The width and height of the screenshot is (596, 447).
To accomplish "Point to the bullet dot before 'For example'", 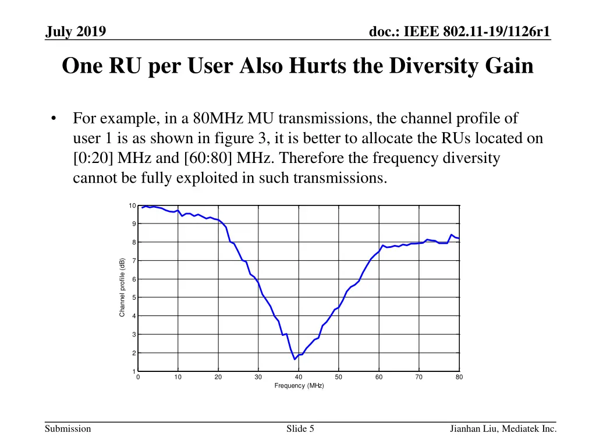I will (54, 119).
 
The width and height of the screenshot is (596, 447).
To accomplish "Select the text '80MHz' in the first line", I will (215, 119).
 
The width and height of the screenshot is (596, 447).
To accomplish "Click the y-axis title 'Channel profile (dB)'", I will (122, 288).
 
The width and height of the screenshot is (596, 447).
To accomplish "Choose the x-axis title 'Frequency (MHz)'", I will (299, 386).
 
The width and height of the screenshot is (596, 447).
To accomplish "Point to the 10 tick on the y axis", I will (133, 205).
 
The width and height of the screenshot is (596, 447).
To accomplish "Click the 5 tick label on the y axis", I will (134, 298).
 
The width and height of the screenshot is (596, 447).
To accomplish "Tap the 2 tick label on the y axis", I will (134, 353).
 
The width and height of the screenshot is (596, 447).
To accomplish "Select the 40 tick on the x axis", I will (299, 377).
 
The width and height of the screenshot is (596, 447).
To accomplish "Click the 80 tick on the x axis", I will (459, 377).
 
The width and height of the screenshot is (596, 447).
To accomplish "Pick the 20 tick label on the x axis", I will (218, 377).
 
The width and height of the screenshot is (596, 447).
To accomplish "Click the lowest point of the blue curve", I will (295, 359).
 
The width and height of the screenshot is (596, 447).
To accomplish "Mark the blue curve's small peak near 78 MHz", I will (452, 235).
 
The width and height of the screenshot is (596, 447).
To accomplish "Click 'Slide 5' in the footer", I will (300, 430).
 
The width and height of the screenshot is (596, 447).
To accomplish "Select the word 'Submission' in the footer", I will (69, 430).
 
